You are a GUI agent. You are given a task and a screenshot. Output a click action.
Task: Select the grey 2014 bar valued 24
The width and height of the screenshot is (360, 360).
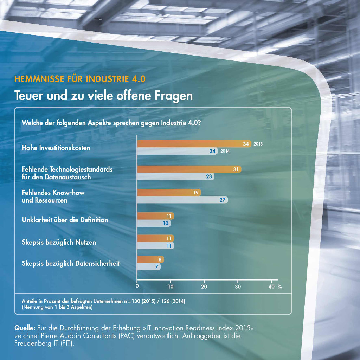tap(176, 152)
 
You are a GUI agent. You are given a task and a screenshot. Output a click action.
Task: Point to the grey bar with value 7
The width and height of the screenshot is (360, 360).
tap(148, 267)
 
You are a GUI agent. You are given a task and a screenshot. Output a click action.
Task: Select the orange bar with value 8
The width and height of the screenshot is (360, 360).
tap(149, 259)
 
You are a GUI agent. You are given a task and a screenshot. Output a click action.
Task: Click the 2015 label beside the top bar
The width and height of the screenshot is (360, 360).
tap(258, 144)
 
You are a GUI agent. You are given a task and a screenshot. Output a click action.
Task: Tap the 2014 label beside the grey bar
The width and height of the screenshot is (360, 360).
tap(225, 152)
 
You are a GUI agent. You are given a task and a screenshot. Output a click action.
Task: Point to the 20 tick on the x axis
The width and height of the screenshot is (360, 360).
tap(204, 287)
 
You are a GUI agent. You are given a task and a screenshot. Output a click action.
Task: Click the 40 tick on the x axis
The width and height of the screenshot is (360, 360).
tap(271, 287)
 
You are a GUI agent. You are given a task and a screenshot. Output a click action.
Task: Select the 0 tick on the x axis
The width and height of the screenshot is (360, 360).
tap(137, 287)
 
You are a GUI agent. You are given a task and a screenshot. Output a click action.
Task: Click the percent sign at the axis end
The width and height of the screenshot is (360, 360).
tap(280, 287)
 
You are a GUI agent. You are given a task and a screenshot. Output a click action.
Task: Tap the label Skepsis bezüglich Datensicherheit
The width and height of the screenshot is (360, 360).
tap(71, 263)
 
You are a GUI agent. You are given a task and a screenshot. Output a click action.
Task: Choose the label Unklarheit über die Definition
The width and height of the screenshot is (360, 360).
tap(65, 220)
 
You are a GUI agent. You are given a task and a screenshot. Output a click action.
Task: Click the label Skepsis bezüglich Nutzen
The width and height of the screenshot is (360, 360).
tap(59, 242)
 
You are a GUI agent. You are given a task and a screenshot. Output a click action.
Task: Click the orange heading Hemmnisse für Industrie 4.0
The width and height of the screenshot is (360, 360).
tap(79, 79)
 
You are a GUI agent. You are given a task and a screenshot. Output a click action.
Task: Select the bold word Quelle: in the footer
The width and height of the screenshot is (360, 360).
tap(25, 328)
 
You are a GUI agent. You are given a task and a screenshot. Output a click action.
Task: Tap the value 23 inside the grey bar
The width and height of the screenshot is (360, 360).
tap(209, 176)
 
